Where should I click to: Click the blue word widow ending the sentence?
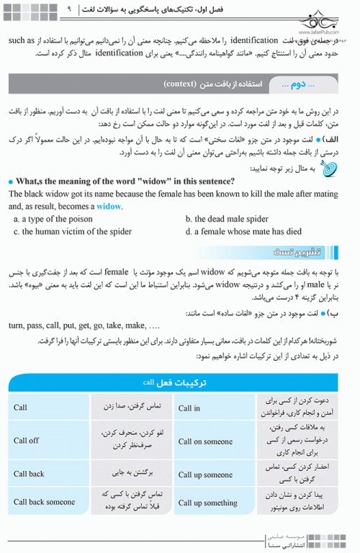[x=109, y=205]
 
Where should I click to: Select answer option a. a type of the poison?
[x=53, y=219]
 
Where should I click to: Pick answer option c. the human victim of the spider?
[x=73, y=232]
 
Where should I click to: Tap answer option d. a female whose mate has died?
[x=243, y=232]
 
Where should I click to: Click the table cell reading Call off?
[x=27, y=440]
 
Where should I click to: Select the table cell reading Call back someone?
[x=44, y=502]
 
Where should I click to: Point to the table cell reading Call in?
[x=189, y=408]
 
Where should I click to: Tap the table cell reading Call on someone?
[x=205, y=441]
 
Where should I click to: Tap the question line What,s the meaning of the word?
[x=114, y=181]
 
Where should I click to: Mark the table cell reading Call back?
[x=29, y=474]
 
